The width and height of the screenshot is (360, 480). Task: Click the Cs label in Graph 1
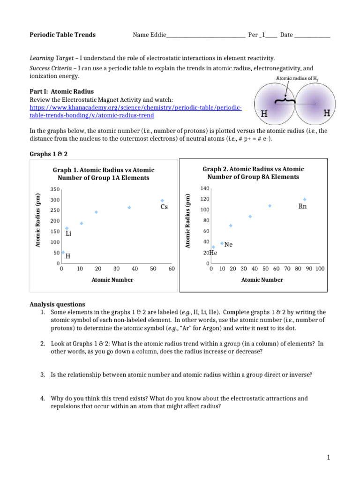(164, 207)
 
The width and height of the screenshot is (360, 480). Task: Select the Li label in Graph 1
(68, 233)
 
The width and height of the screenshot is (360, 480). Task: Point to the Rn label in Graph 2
(302, 206)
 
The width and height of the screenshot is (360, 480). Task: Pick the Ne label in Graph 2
(229, 245)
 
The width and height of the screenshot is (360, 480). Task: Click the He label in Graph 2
(214, 253)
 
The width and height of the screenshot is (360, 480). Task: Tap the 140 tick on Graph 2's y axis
(204, 188)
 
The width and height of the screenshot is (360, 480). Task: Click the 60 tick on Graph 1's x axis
(172, 269)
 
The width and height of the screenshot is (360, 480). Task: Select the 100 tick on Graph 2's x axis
(320, 269)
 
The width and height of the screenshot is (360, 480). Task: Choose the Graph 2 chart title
(253, 173)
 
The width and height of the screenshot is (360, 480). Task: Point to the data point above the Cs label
(163, 201)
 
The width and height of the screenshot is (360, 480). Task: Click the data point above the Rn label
(305, 199)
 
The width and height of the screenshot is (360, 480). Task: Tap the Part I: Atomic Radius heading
(58, 92)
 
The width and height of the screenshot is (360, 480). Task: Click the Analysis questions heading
(57, 304)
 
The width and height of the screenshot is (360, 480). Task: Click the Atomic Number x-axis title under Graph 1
(112, 280)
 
